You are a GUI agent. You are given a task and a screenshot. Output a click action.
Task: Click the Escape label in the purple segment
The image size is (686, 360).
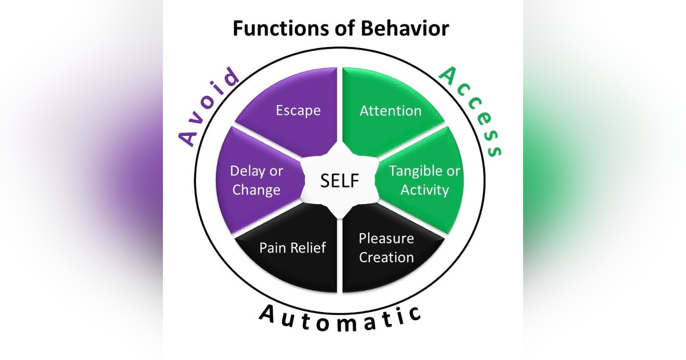(x=298, y=110)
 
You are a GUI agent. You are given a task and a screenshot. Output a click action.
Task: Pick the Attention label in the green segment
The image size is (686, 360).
(x=390, y=110)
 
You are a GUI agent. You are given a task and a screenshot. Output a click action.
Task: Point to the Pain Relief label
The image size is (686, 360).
(x=293, y=247)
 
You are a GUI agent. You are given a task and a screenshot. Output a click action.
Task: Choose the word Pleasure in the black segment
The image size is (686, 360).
(x=386, y=238)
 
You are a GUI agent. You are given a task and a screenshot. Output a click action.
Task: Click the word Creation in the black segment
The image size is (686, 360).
(x=386, y=257)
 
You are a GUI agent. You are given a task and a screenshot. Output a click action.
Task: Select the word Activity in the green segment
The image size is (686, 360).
(x=424, y=190)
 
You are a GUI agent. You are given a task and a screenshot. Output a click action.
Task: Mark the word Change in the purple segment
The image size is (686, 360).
(x=256, y=190)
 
